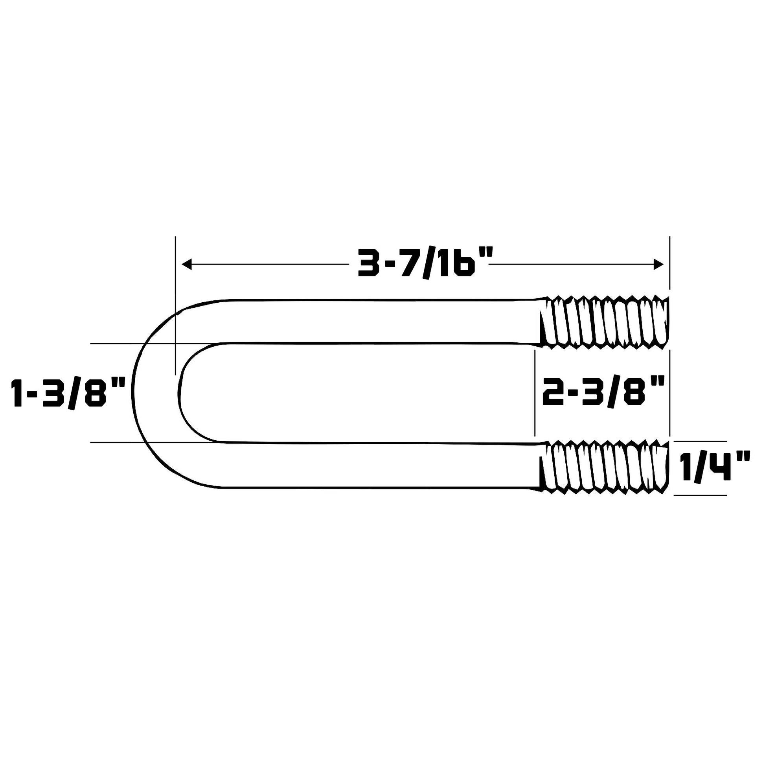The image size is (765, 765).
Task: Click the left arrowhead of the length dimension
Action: pyautogui.click(x=186, y=264)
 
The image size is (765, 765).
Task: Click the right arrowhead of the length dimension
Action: pyautogui.click(x=658, y=264)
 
